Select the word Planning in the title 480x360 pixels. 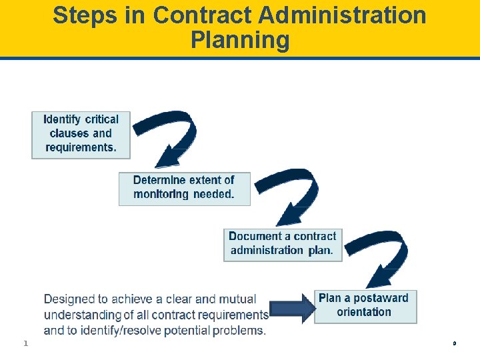[240, 40]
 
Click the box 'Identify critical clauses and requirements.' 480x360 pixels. [81, 135]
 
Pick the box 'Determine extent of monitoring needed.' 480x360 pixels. [184, 188]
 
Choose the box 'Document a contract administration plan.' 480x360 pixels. [283, 244]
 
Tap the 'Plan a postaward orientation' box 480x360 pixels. [365, 306]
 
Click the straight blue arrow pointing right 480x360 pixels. [291, 308]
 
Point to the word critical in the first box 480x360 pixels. [101, 120]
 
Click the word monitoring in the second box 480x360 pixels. [161, 195]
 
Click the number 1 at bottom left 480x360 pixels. [25, 343]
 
